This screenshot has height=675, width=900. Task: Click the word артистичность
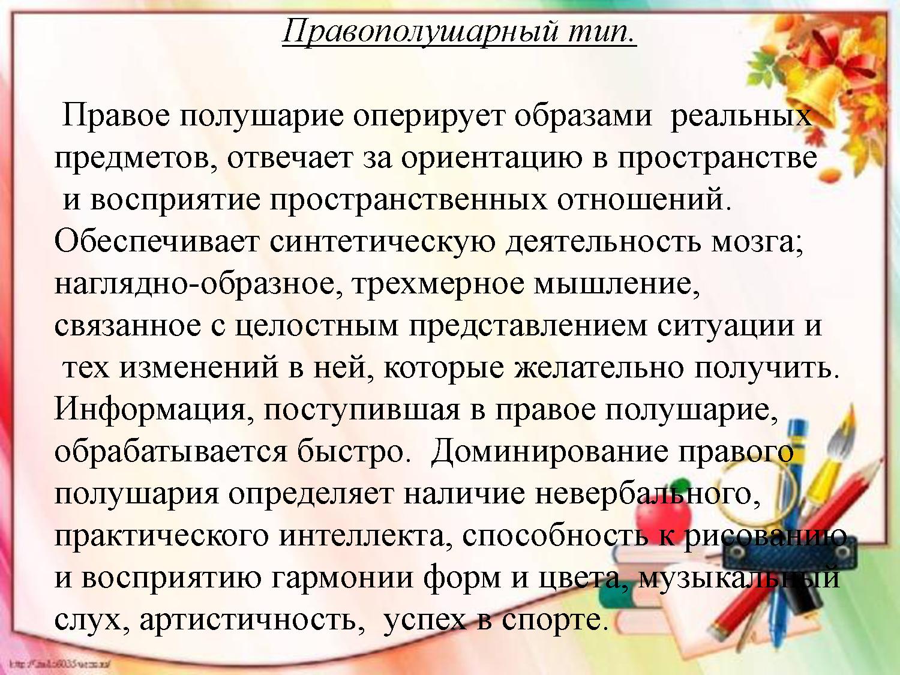tap(248, 620)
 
